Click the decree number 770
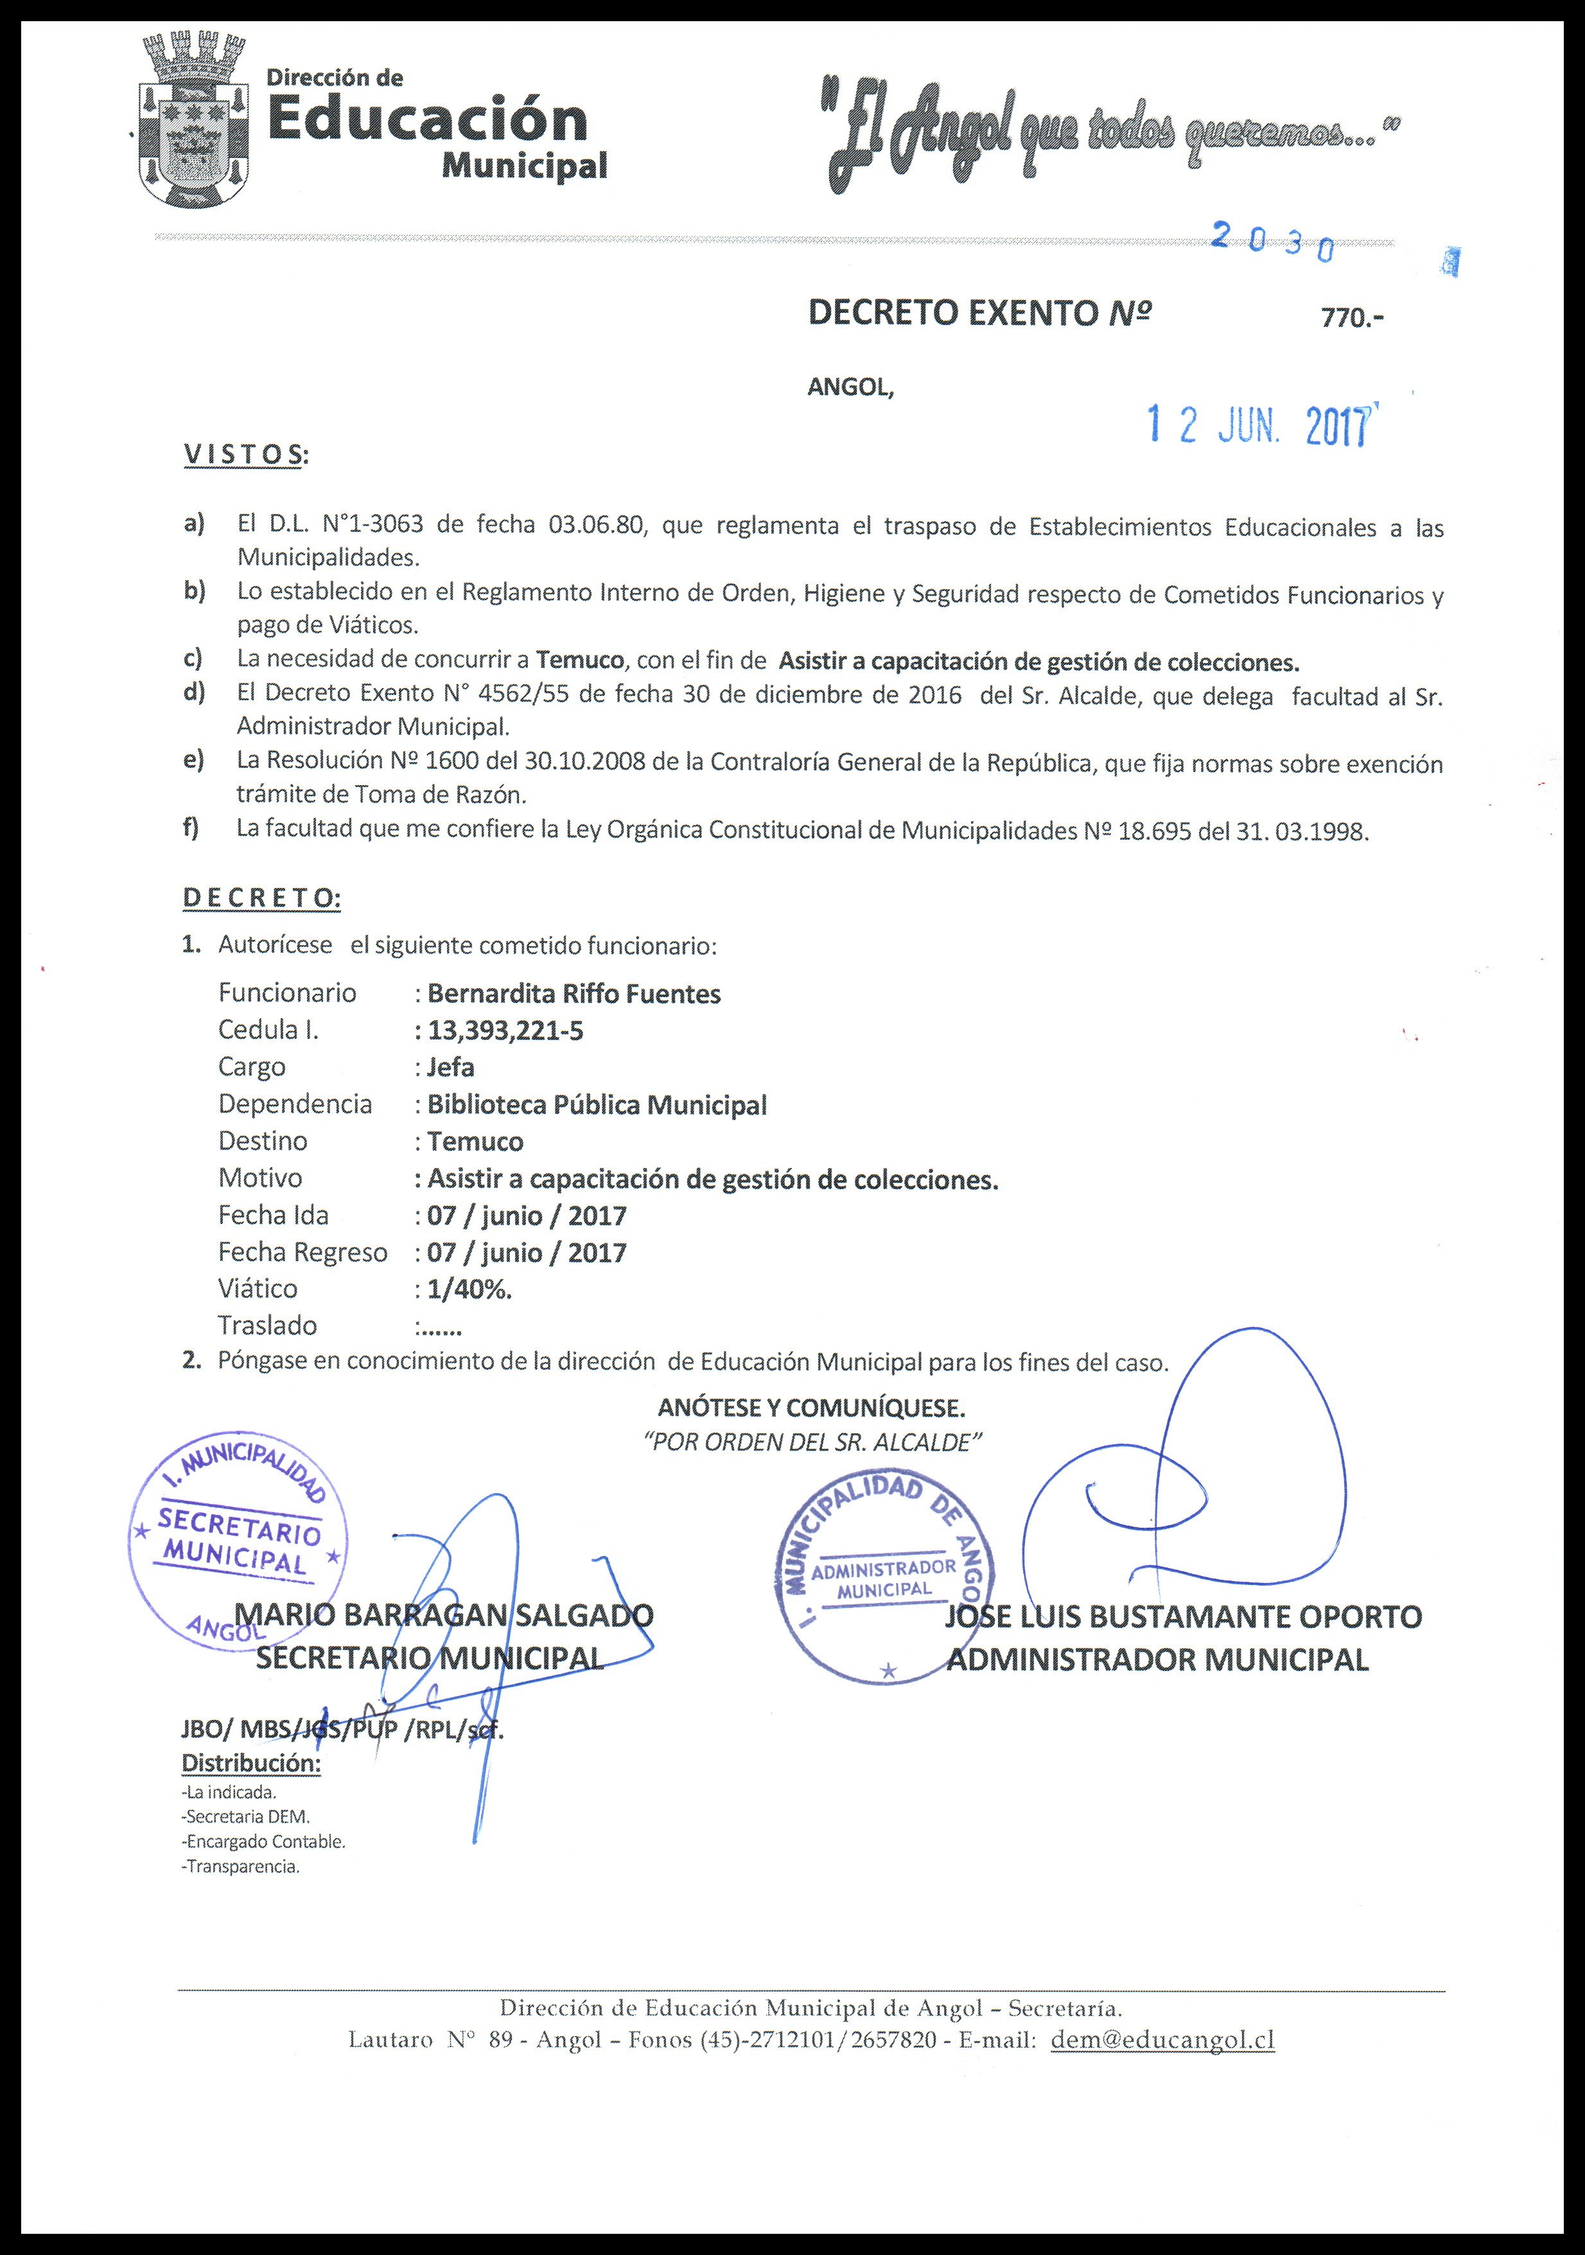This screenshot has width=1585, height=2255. coord(1351,318)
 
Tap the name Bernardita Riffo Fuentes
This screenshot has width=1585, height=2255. coord(574,994)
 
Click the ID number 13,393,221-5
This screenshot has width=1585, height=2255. coord(505,1030)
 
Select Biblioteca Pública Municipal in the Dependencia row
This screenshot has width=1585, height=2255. coord(596,1105)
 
